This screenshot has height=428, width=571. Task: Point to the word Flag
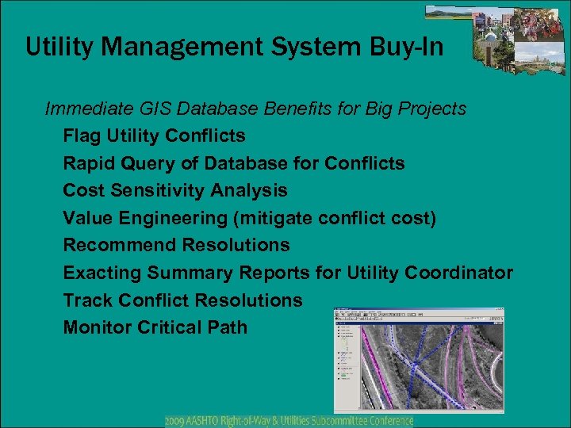point(82,136)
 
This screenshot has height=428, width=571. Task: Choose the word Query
point(149,163)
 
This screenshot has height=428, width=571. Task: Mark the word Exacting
point(98,273)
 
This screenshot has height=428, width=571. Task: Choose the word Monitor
point(96,327)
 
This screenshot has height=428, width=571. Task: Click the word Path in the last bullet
point(228,327)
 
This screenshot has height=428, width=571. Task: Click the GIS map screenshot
point(419,361)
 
